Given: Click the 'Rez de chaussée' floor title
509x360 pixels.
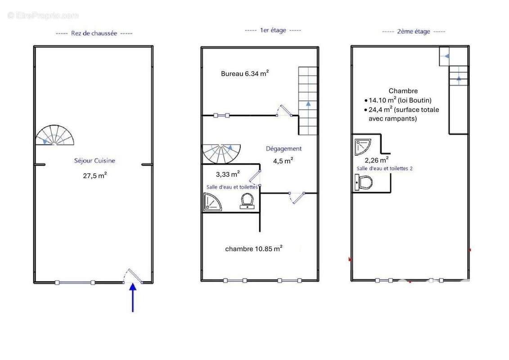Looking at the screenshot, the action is pyautogui.click(x=94, y=33).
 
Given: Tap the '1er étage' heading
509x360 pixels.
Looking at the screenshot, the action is pyautogui.click(x=273, y=30).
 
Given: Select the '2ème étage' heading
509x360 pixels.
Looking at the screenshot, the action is pyautogui.click(x=414, y=31).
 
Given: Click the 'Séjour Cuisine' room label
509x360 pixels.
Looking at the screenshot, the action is pyautogui.click(x=95, y=160).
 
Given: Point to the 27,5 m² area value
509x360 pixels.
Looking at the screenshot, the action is pyautogui.click(x=95, y=175).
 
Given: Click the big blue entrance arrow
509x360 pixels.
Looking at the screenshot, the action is pyautogui.click(x=133, y=297).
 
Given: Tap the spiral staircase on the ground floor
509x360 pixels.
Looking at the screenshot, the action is pyautogui.click(x=54, y=135).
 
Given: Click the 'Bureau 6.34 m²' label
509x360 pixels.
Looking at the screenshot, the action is pyautogui.click(x=245, y=73).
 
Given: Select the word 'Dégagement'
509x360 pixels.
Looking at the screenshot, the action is pyautogui.click(x=284, y=148).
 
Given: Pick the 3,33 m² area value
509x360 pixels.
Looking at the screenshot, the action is pyautogui.click(x=228, y=174).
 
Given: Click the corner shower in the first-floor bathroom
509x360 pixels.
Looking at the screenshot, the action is pyautogui.click(x=212, y=202).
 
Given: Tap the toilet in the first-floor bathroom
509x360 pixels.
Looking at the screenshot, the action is pyautogui.click(x=248, y=201).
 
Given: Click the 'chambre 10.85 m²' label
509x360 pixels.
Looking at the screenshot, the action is pyautogui.click(x=254, y=248).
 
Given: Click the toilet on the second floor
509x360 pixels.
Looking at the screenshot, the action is pyautogui.click(x=364, y=182).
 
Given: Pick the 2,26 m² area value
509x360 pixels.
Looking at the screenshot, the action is pyautogui.click(x=377, y=160).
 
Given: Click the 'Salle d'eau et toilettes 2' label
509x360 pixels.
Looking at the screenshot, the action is pyautogui.click(x=385, y=168).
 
